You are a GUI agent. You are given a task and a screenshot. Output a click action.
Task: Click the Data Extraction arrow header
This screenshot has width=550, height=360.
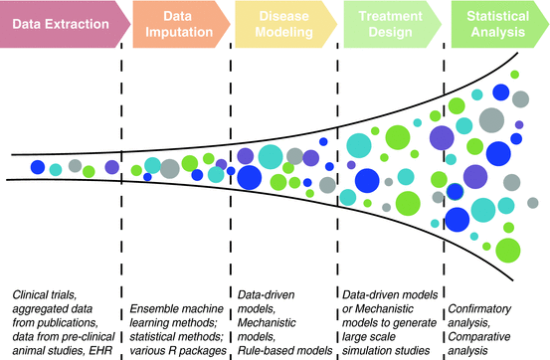click(60, 23)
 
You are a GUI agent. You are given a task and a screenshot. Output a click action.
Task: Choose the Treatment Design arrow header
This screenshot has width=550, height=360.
click(388, 23)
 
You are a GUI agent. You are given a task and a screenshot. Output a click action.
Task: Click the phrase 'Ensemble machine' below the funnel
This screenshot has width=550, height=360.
click(173, 295)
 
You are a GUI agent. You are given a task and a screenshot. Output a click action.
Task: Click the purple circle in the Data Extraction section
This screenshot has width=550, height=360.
click(111, 166)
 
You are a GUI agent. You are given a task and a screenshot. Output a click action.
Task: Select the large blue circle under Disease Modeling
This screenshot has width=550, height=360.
click(249, 179)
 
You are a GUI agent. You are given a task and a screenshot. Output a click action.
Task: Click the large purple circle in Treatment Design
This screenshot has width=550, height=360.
click(439, 138)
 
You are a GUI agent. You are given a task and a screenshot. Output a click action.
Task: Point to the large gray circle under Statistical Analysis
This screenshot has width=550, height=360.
click(490, 120)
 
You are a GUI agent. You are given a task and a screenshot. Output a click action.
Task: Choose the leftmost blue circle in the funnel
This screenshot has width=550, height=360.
click(37, 166)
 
